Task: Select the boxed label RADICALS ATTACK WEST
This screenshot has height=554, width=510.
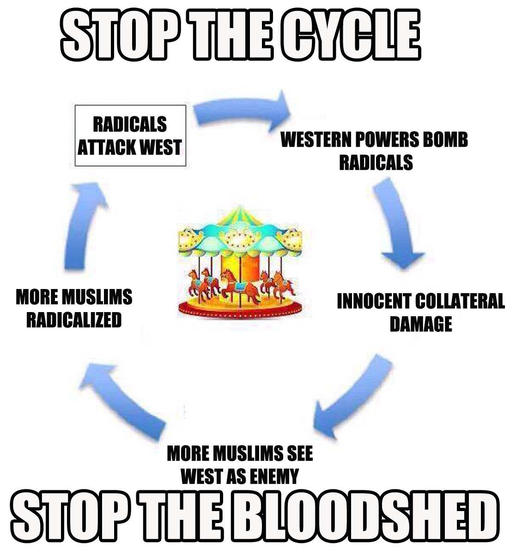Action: click(130, 136)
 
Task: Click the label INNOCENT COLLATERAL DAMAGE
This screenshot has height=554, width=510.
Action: click(420, 312)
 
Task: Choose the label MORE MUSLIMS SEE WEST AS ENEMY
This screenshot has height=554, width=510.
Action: click(240, 464)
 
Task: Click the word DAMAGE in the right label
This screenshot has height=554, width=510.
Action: click(420, 324)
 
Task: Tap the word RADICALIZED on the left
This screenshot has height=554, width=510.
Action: click(74, 319)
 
